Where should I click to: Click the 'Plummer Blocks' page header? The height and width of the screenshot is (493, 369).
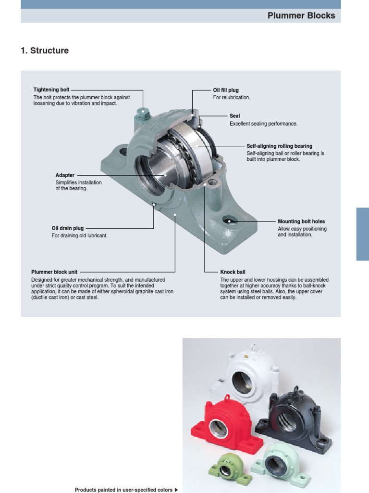click(301, 15)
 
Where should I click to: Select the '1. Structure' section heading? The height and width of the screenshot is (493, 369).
click(45, 51)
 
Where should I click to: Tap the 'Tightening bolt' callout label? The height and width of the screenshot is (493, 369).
click(51, 90)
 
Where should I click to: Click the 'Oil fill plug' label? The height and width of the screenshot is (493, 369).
click(226, 90)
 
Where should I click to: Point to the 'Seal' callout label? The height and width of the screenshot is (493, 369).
click(234, 116)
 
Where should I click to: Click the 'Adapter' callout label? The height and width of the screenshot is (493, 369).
click(65, 175)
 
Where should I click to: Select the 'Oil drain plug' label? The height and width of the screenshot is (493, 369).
click(68, 228)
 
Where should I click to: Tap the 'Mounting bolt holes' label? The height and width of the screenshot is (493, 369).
click(301, 221)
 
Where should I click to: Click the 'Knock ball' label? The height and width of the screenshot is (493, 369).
click(233, 272)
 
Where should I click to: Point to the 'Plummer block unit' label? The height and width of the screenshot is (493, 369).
click(54, 272)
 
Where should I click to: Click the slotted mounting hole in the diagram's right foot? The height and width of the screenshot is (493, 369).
click(230, 221)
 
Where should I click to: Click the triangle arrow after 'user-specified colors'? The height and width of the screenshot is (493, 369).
click(176, 490)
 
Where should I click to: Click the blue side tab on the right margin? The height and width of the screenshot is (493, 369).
click(362, 234)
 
